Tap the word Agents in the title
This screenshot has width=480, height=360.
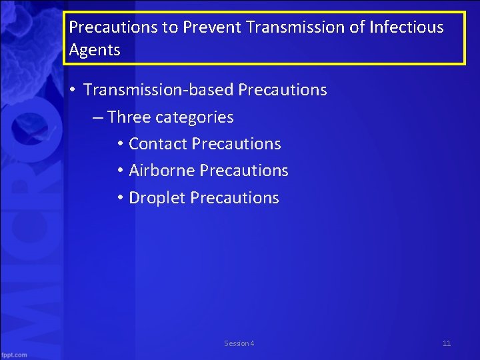pos(95,50)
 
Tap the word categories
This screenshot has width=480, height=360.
pos(195,118)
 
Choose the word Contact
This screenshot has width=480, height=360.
pos(157,144)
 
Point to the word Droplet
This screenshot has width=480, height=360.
pos(157,198)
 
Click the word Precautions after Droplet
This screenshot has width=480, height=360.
pos(235,198)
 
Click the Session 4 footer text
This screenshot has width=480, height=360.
pos(239,343)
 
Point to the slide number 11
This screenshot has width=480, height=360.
pos(447,343)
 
